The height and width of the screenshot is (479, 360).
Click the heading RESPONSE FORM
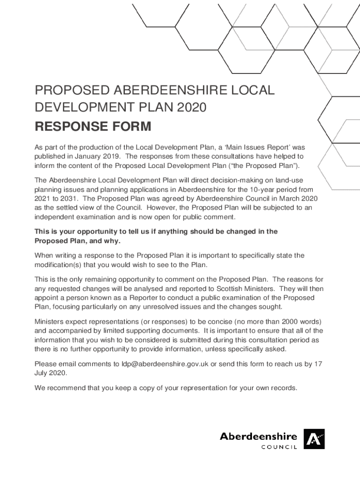93,126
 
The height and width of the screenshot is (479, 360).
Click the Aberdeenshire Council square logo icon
314,440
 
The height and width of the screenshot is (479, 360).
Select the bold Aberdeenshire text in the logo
259,436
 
